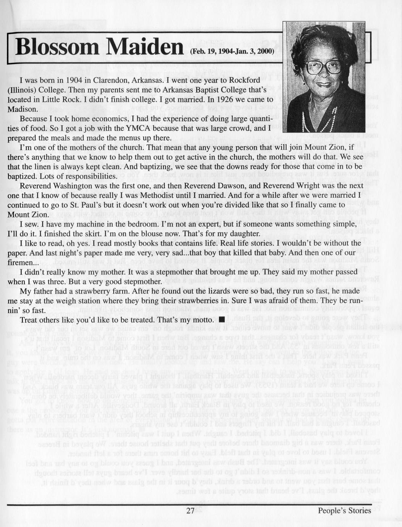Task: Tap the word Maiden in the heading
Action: [145, 47]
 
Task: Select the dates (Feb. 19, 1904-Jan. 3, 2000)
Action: [232, 51]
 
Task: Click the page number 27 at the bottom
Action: [190, 511]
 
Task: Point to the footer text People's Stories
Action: [344, 511]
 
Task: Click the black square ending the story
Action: [222, 320]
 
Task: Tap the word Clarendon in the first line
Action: [110, 81]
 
